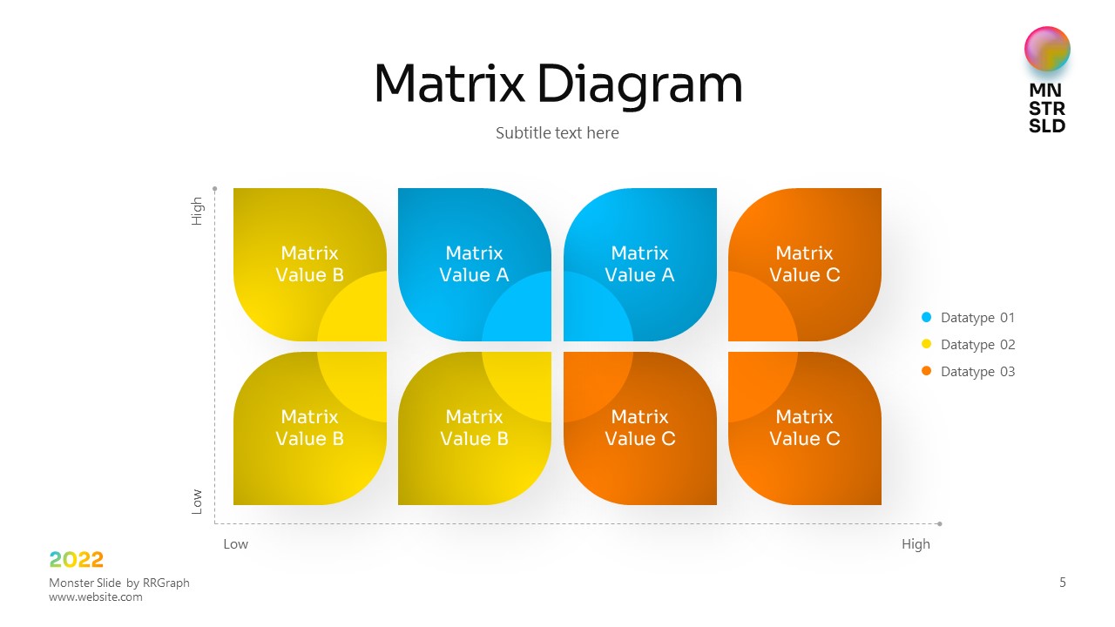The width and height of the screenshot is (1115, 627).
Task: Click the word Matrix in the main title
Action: tap(449, 83)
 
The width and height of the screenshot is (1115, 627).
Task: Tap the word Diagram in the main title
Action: tap(640, 85)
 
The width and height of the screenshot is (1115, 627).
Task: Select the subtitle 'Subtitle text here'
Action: tap(557, 133)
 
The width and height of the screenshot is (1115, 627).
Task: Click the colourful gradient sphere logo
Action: tap(1047, 49)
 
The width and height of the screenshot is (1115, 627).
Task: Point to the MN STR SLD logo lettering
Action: tap(1047, 108)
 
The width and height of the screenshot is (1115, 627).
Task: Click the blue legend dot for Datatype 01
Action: tap(926, 317)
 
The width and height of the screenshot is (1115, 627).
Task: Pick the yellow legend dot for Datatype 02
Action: tap(926, 344)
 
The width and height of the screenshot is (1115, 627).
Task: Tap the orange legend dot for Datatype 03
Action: tap(926, 371)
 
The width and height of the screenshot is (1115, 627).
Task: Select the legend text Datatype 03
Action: tap(977, 372)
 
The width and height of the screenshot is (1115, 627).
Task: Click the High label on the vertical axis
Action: tap(197, 211)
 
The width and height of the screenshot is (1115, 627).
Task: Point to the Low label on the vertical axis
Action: tap(197, 502)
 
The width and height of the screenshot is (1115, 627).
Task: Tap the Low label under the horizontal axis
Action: tap(235, 544)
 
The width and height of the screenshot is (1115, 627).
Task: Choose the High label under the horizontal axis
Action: tap(916, 544)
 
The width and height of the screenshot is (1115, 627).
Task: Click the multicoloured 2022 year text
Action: tap(76, 560)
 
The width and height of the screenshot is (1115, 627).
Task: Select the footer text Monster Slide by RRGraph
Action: tap(119, 583)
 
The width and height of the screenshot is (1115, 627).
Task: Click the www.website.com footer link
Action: tap(96, 597)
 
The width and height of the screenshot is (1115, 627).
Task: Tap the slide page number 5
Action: tap(1062, 583)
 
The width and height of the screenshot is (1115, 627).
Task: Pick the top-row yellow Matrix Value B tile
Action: tap(309, 264)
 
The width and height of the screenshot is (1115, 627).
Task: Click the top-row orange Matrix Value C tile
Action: tap(804, 264)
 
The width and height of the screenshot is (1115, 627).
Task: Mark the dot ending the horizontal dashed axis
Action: tap(939, 523)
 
